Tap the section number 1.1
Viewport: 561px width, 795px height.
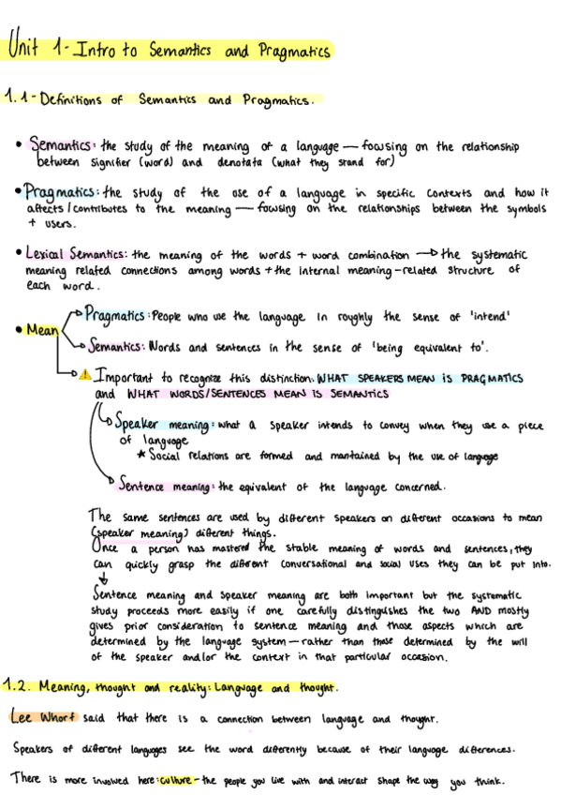tap(18, 98)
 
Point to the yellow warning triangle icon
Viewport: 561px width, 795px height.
tap(85, 375)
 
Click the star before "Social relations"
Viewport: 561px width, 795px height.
tap(140, 457)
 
